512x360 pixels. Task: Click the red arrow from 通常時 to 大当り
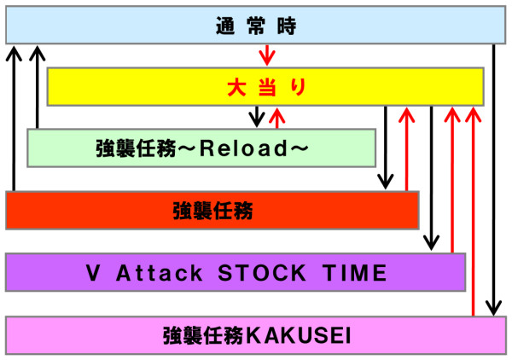267,55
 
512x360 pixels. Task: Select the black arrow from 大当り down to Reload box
257,117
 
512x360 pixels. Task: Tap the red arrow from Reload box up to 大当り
277,118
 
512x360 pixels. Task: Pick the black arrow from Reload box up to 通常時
38,87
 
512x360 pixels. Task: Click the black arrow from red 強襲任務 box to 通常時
14,119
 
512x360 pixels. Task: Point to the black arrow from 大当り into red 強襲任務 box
386,148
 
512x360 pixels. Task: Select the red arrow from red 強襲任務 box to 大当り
406,149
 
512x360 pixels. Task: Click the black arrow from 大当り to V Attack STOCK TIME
431,178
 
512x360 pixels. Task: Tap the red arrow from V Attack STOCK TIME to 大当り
452,180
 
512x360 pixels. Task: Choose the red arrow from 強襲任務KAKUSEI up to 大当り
473,212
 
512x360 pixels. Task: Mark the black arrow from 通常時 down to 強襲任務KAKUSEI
494,180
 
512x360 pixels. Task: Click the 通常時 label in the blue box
256,26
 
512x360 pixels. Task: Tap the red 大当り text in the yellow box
267,87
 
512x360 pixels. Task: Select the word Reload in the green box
243,148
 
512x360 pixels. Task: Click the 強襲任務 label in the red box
212,211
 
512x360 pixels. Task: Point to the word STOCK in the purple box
262,273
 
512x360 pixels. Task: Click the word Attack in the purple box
159,273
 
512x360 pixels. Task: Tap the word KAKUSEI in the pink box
299,335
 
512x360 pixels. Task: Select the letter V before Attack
93,273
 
